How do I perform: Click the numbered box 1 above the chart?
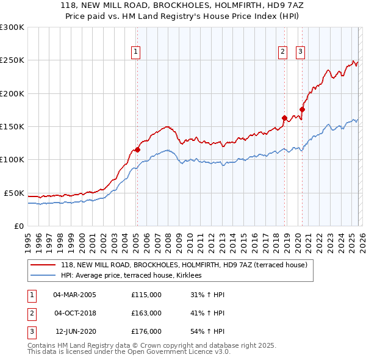tap(135, 52)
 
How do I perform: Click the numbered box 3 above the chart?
tap(301, 52)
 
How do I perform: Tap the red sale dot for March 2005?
tap(137, 149)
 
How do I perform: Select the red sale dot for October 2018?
tap(284, 118)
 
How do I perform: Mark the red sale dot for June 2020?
tap(302, 109)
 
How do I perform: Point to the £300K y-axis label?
tap(12, 27)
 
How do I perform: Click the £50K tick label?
tap(15, 193)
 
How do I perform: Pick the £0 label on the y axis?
tap(20, 226)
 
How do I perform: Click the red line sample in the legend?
tap(43, 265)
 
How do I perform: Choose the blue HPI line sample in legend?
tap(43, 276)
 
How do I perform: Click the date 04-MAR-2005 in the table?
tap(74, 295)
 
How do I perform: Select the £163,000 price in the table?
tap(146, 313)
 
